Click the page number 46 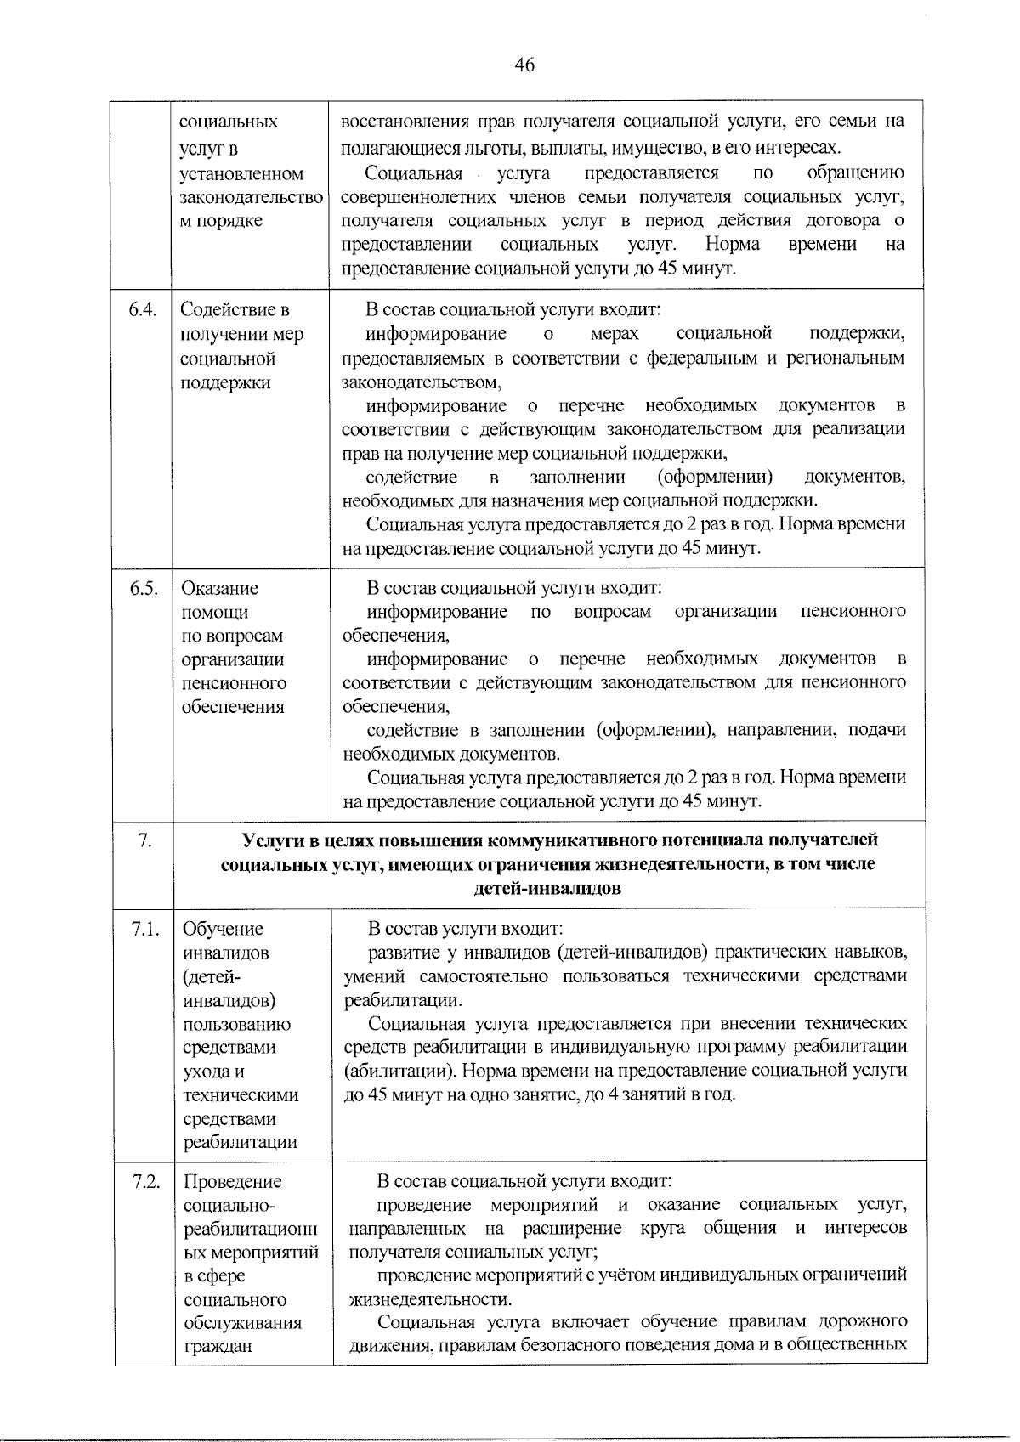pos(524,65)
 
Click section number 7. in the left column pos(144,840)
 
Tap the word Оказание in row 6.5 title pos(220,588)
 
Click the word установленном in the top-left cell pos(241,174)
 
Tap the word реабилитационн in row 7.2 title pos(250,1229)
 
